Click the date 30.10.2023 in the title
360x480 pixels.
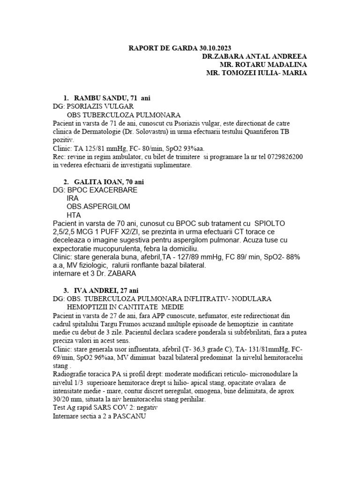[x=214, y=47]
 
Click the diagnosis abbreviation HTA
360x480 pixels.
[x=74, y=215]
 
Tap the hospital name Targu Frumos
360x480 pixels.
[x=129, y=323]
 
